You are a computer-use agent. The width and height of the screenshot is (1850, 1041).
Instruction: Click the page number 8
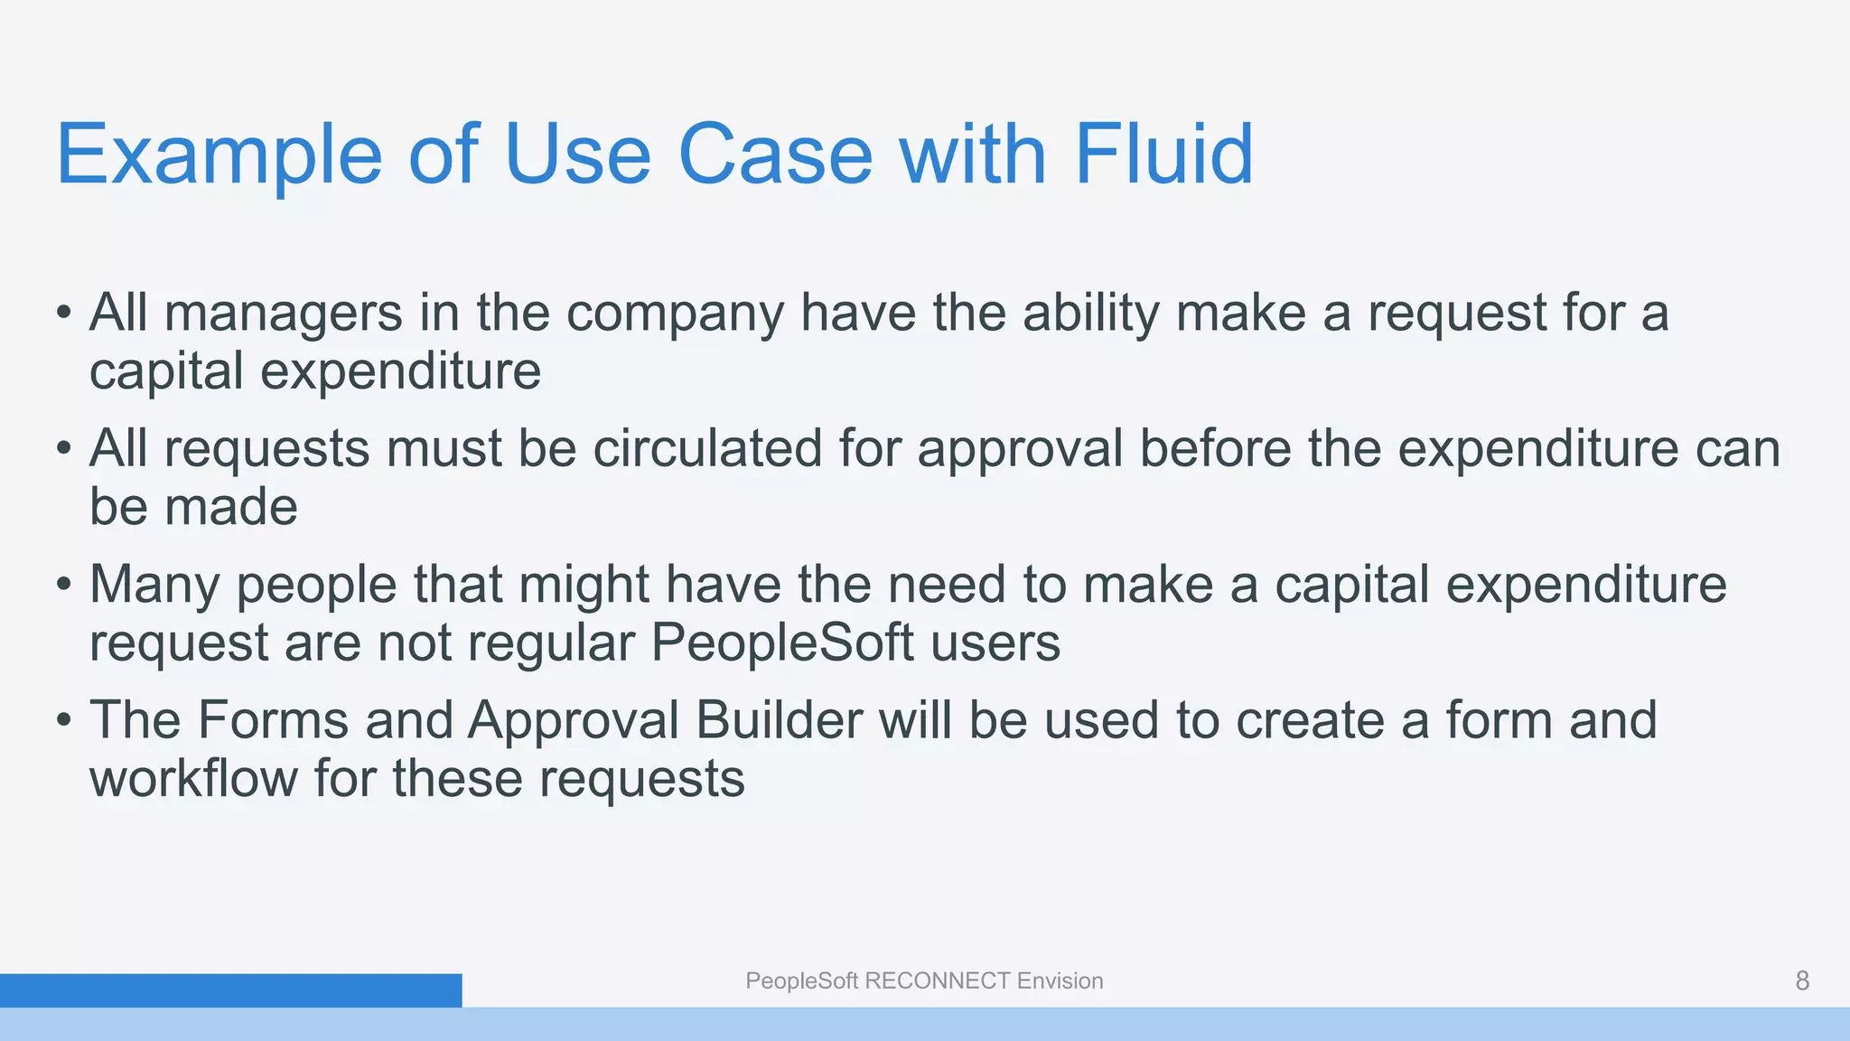1801,980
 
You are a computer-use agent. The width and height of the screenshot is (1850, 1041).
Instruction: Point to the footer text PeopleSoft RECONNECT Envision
924,980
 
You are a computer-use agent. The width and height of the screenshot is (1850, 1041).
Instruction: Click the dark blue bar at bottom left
230,990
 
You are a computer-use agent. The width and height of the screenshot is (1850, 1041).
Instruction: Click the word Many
154,584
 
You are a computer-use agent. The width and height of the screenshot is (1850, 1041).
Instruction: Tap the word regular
551,642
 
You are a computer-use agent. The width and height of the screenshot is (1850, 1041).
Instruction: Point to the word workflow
192,778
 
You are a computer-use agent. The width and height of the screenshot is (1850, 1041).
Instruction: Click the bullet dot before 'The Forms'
62,721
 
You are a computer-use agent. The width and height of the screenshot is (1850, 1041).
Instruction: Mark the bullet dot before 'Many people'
62,586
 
